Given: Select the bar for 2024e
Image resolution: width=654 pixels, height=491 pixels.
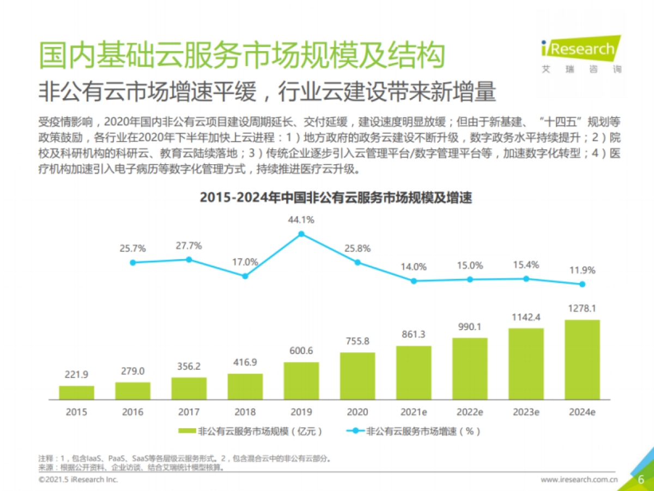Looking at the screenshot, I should pyautogui.click(x=582, y=360).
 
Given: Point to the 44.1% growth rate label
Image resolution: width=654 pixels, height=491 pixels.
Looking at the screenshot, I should pyautogui.click(x=301, y=220).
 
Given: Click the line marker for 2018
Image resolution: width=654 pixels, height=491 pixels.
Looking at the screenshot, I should pyautogui.click(x=245, y=276).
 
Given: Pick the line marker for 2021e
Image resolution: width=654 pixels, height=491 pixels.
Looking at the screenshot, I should pyautogui.click(x=414, y=281).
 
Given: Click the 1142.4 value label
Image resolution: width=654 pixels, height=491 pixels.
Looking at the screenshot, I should pyautogui.click(x=526, y=317).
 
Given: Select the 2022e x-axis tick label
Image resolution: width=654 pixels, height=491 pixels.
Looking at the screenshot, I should pyautogui.click(x=470, y=412).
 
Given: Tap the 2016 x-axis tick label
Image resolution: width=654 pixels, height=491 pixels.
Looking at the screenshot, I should pyautogui.click(x=132, y=412).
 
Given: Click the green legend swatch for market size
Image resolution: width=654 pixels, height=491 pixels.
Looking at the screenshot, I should pyautogui.click(x=187, y=431).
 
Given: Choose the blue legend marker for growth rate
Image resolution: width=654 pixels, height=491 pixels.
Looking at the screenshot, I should pyautogui.click(x=355, y=431).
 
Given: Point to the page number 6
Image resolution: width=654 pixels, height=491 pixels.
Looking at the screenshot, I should pyautogui.click(x=641, y=480).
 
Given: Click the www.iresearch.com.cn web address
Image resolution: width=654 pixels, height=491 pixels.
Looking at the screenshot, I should pyautogui.click(x=579, y=480).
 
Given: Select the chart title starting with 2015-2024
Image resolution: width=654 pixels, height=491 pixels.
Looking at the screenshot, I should pyautogui.click(x=336, y=197).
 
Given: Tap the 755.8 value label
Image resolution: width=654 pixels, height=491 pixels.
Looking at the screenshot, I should pyautogui.click(x=358, y=342).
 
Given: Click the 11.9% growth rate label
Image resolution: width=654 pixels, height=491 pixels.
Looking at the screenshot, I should pyautogui.click(x=582, y=270).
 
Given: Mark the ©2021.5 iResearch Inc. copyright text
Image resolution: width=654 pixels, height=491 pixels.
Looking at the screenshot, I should pyautogui.click(x=78, y=480).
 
